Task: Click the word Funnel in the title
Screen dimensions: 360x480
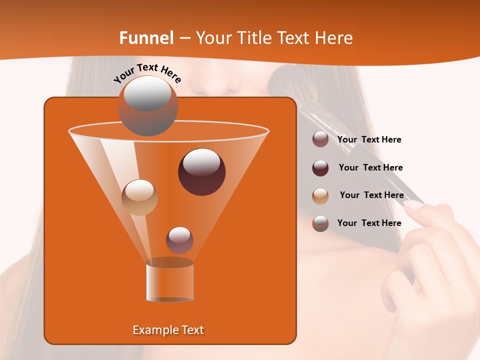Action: point(146,38)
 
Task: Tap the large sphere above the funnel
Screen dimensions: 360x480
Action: point(147,106)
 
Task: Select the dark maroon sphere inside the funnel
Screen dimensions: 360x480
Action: point(201,172)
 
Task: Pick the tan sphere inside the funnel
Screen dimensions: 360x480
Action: point(139,197)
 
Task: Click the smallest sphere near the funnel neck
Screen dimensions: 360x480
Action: point(179,240)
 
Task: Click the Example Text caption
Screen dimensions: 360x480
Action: point(168,330)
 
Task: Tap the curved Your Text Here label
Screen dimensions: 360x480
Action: point(147,73)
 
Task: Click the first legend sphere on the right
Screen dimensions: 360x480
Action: point(320,139)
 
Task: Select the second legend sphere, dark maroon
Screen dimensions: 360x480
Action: point(320,168)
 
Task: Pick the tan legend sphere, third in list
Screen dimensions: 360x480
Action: point(320,196)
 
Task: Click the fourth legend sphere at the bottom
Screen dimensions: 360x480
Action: point(320,223)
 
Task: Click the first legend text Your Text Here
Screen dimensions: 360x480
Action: point(369,140)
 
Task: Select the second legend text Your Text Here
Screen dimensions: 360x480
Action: point(370,168)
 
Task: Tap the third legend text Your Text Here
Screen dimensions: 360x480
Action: point(371,195)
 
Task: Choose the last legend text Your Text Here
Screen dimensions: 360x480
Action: point(369,223)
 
